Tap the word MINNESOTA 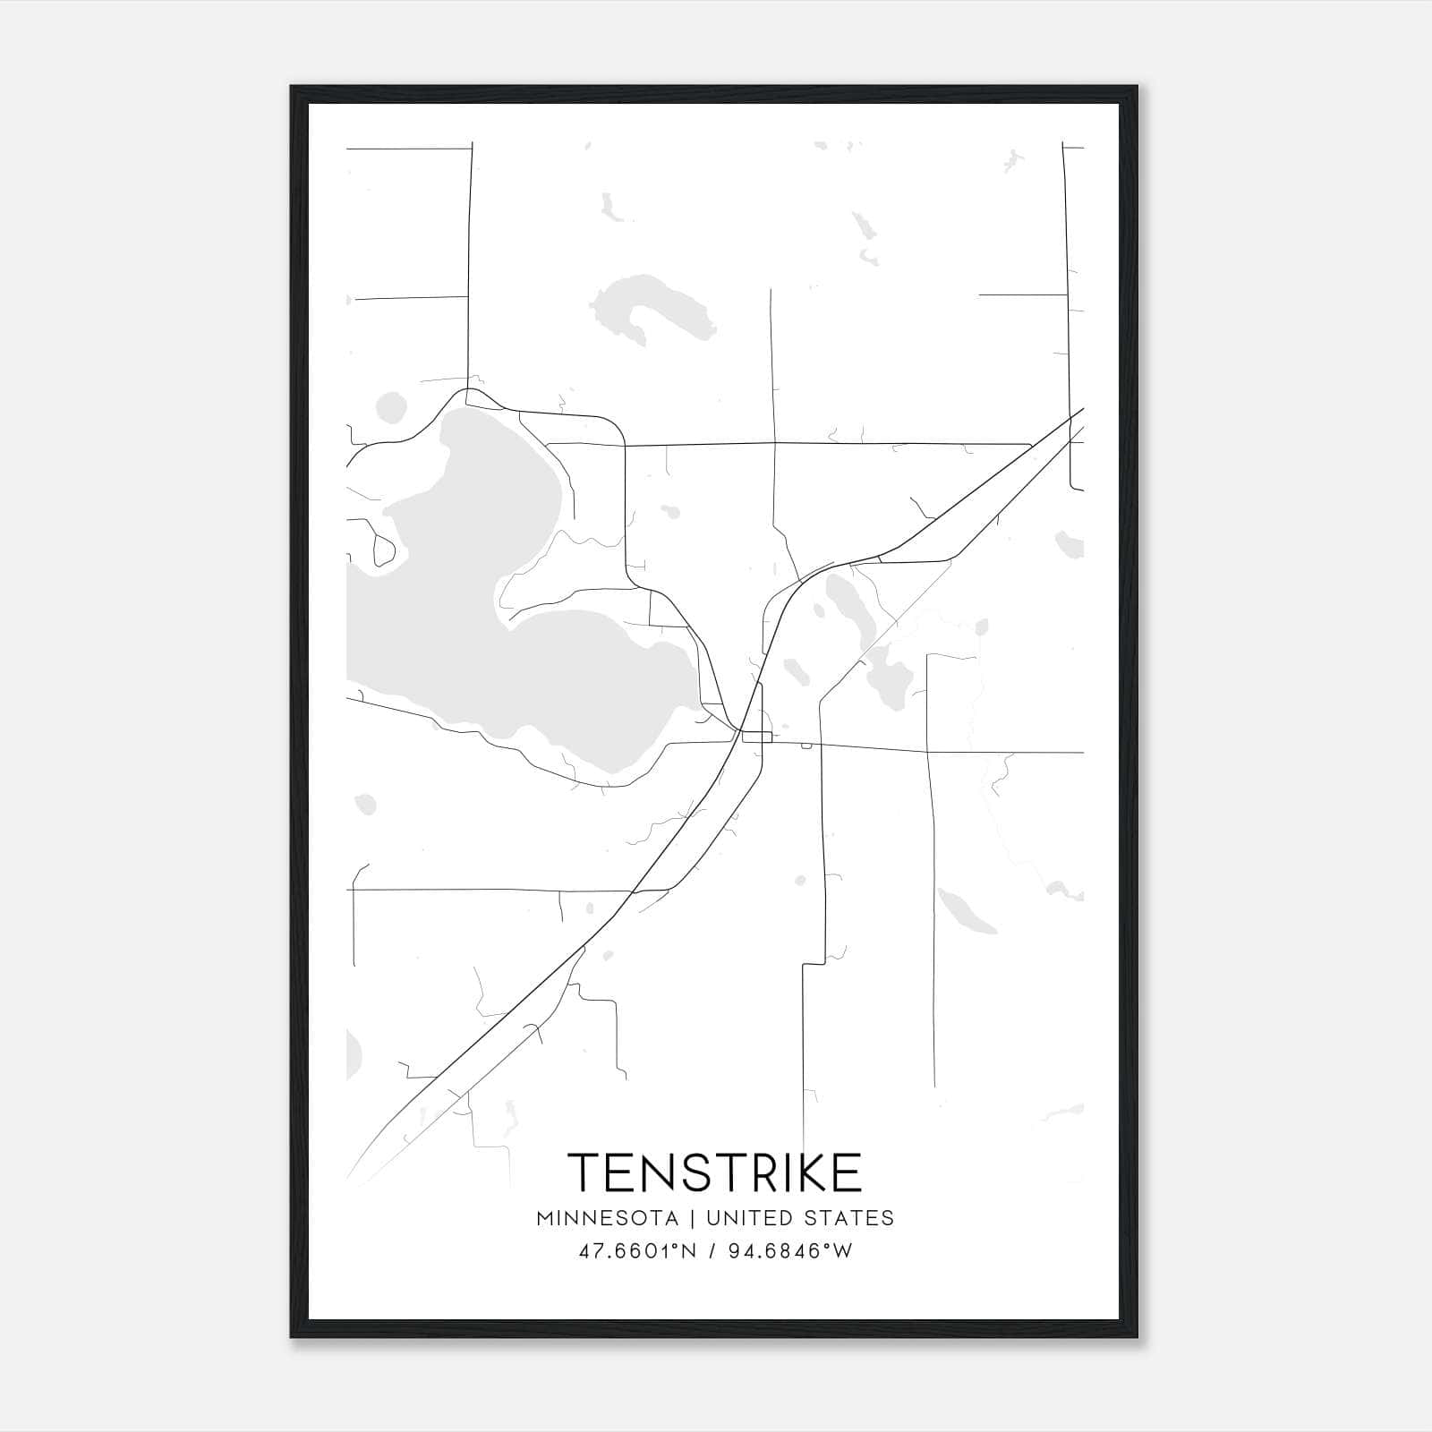tap(607, 1218)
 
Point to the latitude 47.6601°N tap(637, 1251)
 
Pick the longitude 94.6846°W tap(788, 1251)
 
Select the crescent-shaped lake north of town tap(649, 309)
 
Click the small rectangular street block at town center tap(757, 737)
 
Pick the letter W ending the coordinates tap(842, 1251)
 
